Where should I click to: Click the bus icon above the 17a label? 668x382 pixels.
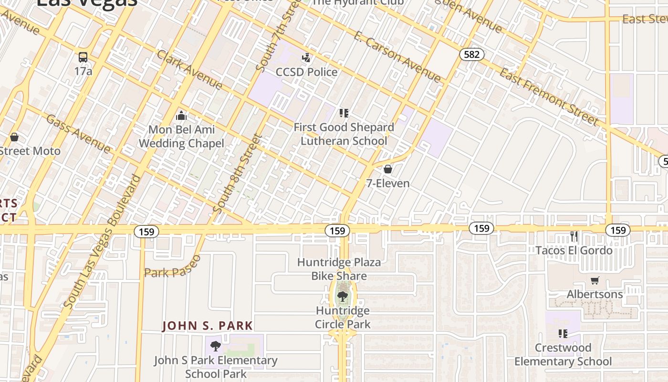pyautogui.click(x=83, y=57)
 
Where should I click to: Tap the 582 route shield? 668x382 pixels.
pyautogui.click(x=471, y=54)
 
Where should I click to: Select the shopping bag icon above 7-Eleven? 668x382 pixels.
pyautogui.click(x=388, y=169)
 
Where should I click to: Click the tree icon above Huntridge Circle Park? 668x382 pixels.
pyautogui.click(x=342, y=297)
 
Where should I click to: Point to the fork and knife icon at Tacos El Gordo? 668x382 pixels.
pyautogui.click(x=574, y=236)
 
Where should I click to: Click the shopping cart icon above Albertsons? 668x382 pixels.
pyautogui.click(x=595, y=280)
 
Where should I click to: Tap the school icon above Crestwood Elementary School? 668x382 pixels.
pyautogui.click(x=563, y=333)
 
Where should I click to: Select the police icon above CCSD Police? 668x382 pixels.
pyautogui.click(x=306, y=58)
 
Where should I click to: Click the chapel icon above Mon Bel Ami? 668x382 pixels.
pyautogui.click(x=181, y=116)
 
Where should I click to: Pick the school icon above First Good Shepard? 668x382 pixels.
pyautogui.click(x=344, y=113)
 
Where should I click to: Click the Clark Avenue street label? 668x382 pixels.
pyautogui.click(x=189, y=70)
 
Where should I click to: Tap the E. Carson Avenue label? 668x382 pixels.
pyautogui.click(x=397, y=57)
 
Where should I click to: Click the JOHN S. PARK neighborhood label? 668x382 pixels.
pyautogui.click(x=208, y=326)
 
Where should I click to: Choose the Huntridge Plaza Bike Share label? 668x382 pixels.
pyautogui.click(x=339, y=269)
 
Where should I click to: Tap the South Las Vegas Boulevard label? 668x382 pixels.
pyautogui.click(x=102, y=241)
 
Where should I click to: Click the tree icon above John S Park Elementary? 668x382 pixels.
pyautogui.click(x=216, y=346)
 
